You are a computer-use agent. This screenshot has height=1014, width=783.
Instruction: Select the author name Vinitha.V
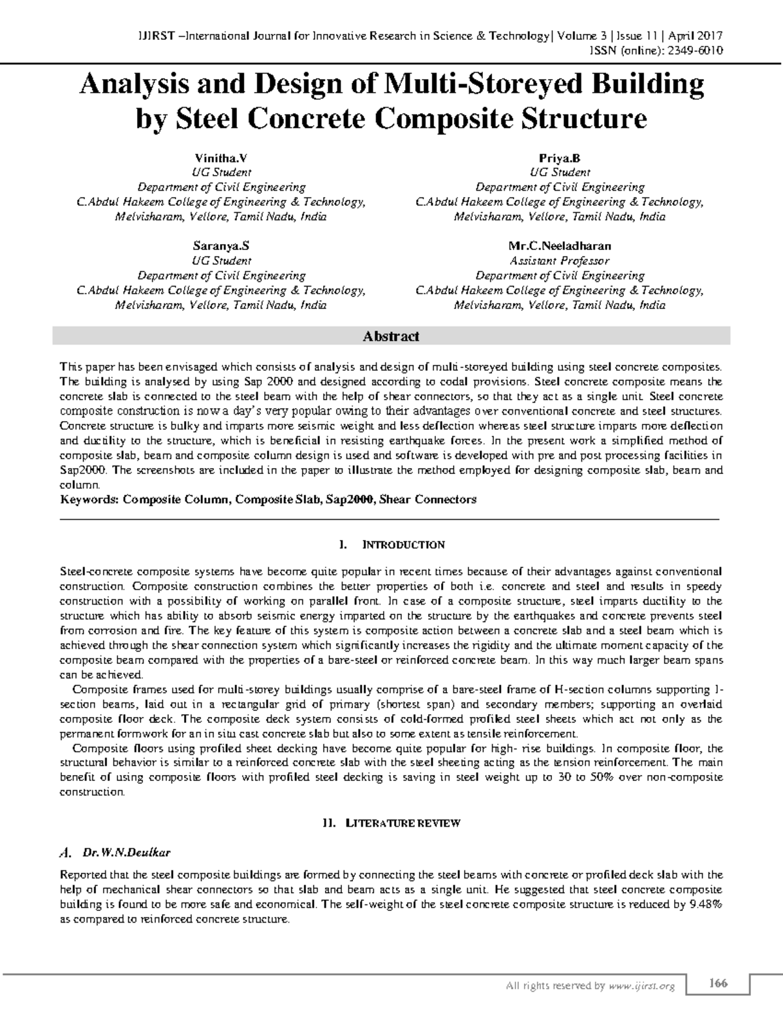[x=221, y=158]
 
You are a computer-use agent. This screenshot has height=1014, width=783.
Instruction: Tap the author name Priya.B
[x=559, y=158]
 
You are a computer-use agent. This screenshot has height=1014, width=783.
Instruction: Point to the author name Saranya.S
[x=221, y=246]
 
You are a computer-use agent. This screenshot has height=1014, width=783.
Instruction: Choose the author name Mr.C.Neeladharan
[x=559, y=246]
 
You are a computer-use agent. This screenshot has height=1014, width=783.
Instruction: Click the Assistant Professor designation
[x=559, y=261]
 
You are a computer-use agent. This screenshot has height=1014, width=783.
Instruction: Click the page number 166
[x=718, y=983]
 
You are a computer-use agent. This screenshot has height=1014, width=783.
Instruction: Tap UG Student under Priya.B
[x=559, y=172]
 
